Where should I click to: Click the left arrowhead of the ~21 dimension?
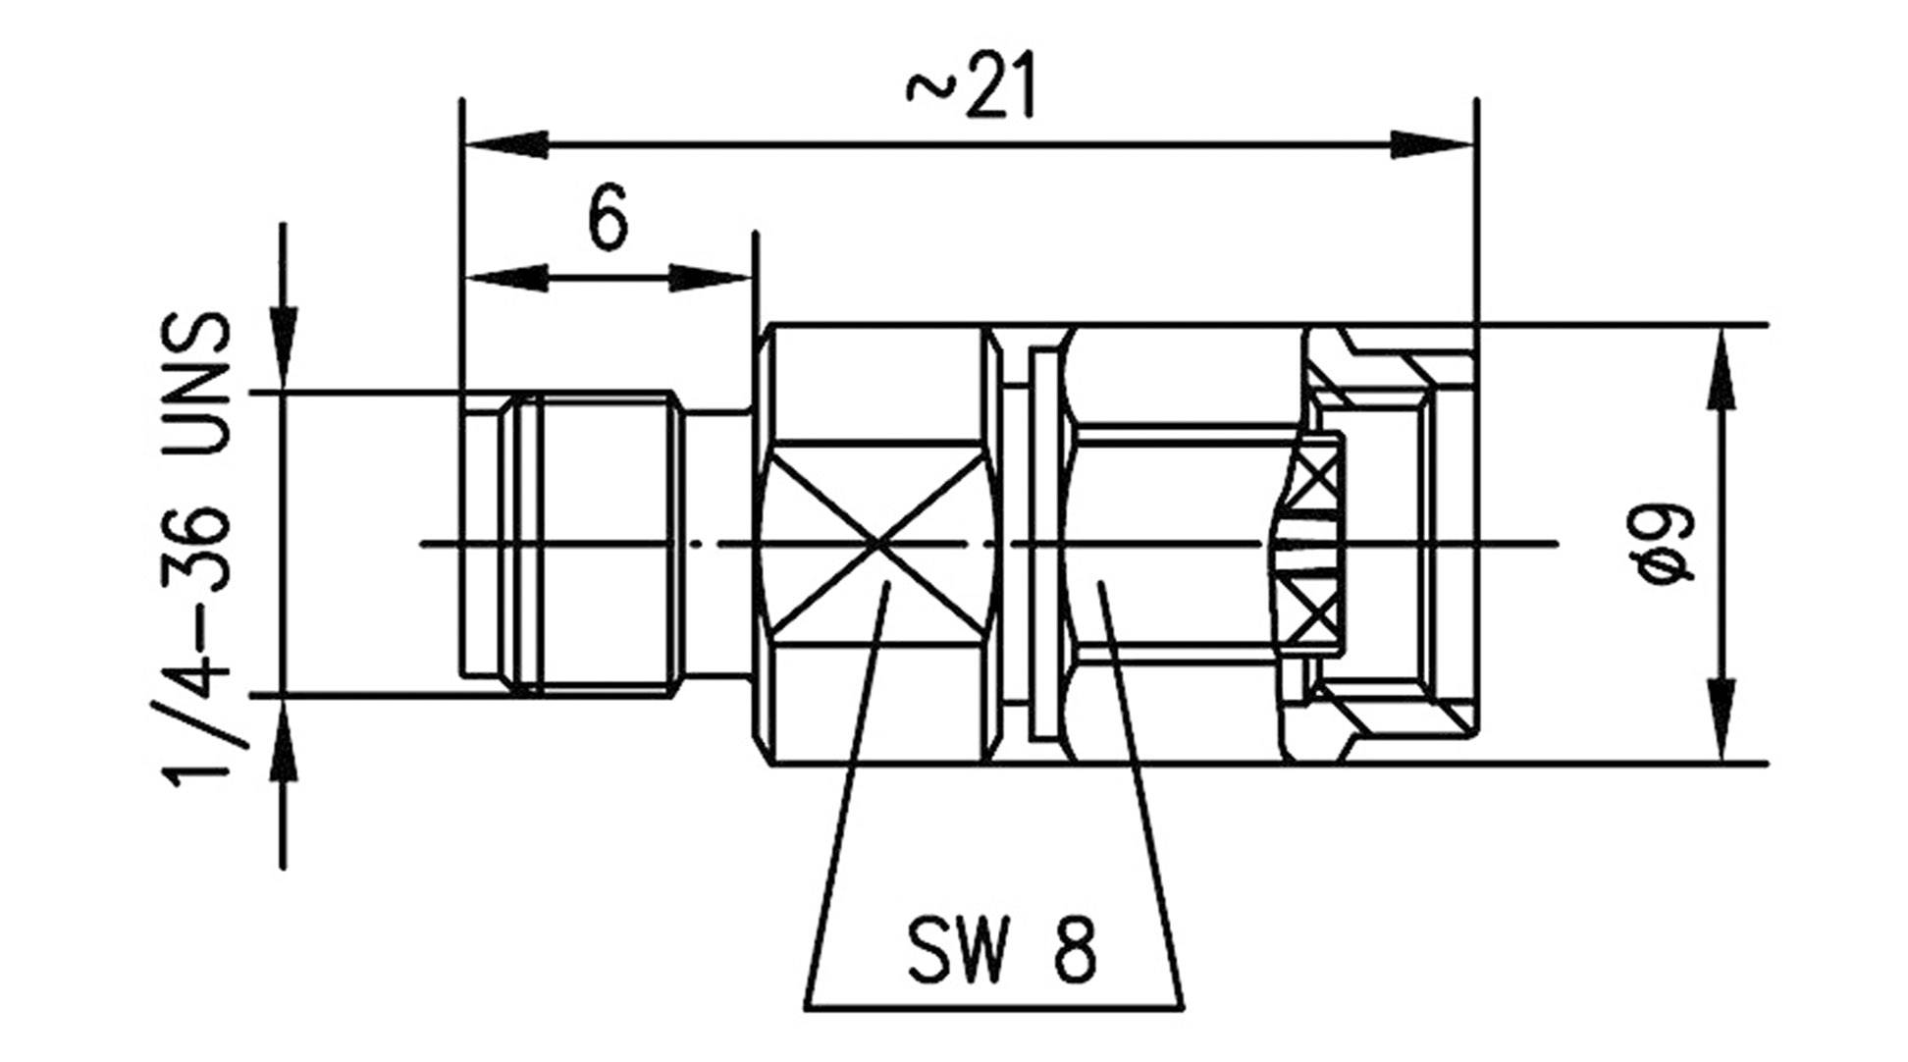pos(504,145)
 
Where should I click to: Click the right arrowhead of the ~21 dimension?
pos(1433,145)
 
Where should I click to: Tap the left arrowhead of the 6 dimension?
pos(504,278)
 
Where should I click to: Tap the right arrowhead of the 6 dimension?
pos(711,278)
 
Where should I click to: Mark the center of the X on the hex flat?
pos(876,543)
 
